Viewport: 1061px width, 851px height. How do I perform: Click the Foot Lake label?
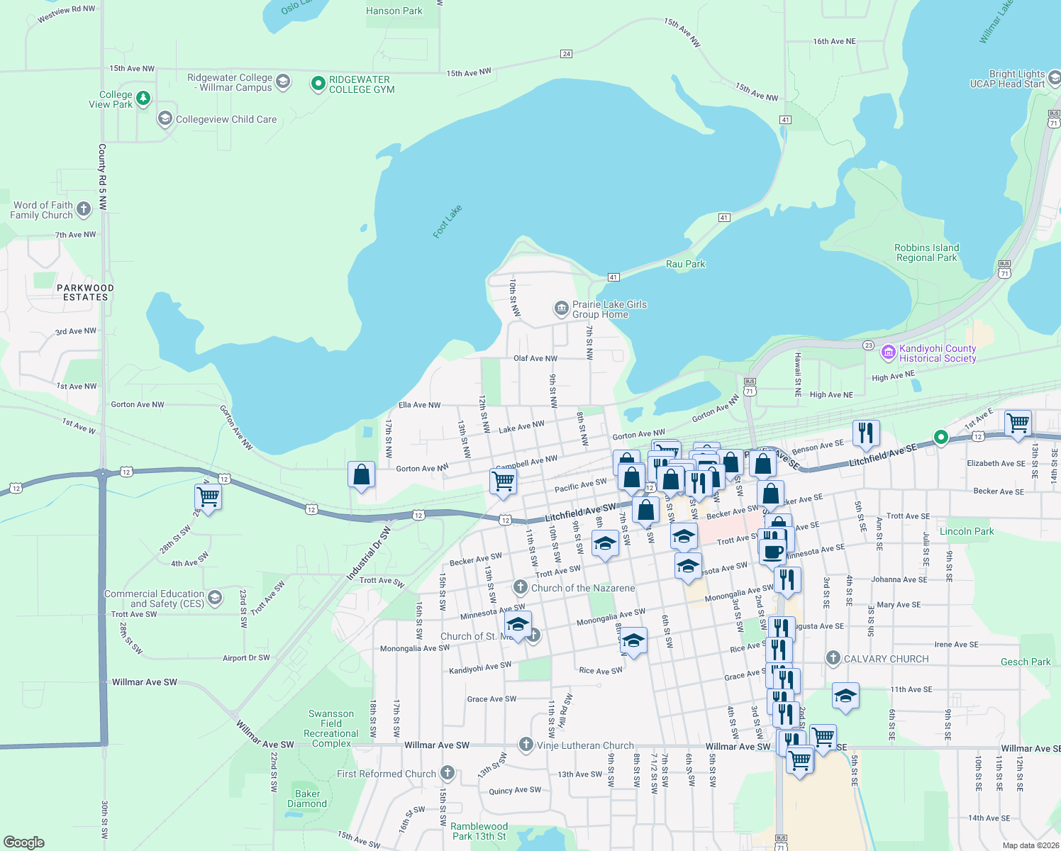coord(448,221)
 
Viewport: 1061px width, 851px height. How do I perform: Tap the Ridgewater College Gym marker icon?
coord(318,84)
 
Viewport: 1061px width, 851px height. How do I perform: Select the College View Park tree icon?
coord(143,98)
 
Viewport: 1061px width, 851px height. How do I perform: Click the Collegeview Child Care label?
coord(226,119)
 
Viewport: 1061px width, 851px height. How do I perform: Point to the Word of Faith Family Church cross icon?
coord(84,208)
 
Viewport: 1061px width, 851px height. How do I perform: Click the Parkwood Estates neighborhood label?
coord(85,293)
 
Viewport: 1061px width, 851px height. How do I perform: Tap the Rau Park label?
coord(686,264)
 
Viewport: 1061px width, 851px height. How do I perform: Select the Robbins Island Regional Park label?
coord(926,252)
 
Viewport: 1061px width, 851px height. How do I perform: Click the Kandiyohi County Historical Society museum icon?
coord(888,352)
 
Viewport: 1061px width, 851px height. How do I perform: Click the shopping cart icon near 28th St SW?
coord(209,496)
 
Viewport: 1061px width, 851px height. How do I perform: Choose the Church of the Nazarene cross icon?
coord(521,587)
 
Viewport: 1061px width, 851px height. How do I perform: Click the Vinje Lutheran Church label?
coord(585,745)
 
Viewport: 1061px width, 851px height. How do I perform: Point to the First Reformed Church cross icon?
coord(447,773)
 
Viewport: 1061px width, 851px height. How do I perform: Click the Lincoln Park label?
coord(966,531)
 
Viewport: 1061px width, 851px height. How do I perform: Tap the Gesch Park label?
coord(1026,662)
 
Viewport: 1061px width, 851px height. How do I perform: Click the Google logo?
coord(24,842)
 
